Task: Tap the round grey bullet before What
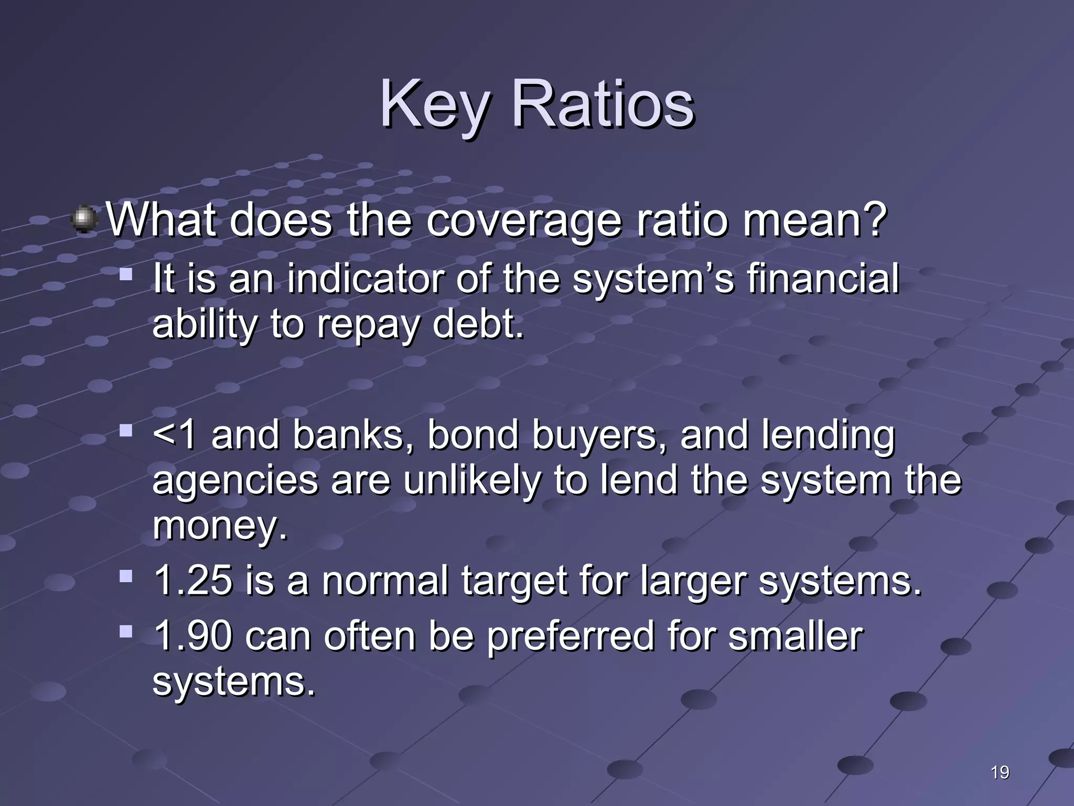84,219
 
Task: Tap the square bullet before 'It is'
126,274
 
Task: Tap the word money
220,526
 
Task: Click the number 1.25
193,581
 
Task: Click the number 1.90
193,636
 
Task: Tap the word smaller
794,636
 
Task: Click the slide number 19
1000,772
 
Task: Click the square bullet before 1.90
126,631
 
